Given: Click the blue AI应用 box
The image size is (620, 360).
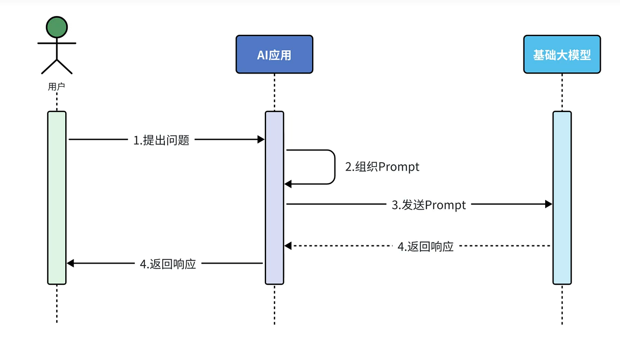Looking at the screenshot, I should coord(274,55).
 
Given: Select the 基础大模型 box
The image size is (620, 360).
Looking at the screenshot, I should coord(562,55).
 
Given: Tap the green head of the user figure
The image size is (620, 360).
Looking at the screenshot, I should coord(56,27).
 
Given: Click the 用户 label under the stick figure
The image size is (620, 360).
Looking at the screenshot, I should coord(57,86).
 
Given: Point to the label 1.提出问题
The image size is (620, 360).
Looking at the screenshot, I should coord(161,141).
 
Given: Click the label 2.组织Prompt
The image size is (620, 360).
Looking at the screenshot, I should coord(382,167).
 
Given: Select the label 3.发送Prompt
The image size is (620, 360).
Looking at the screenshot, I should coord(428,205).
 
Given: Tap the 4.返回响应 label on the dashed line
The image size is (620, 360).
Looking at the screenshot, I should coord(425,247).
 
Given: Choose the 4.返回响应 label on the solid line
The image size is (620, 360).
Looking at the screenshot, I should coord(168,264).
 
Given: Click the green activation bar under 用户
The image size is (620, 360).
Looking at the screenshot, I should coord(57,197).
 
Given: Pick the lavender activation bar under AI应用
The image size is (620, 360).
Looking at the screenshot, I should coord(274,197).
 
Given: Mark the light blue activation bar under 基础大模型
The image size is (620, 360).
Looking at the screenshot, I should coord(562,197).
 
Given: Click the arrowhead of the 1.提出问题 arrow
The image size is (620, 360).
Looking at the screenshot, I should coord(261,139).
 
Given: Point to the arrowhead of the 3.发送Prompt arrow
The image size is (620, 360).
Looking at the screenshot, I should coord(549,204).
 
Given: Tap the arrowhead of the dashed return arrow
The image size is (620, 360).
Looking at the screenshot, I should coord(288,246).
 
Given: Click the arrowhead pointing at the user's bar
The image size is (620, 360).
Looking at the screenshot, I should coord(71,263).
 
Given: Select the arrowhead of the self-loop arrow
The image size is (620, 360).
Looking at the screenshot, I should coord(288,184).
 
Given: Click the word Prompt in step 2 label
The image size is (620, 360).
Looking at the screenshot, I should coord(399,167).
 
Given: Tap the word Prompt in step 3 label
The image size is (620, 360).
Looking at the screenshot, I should coord(445,205).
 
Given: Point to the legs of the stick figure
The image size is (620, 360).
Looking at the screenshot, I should coord(57,66).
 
